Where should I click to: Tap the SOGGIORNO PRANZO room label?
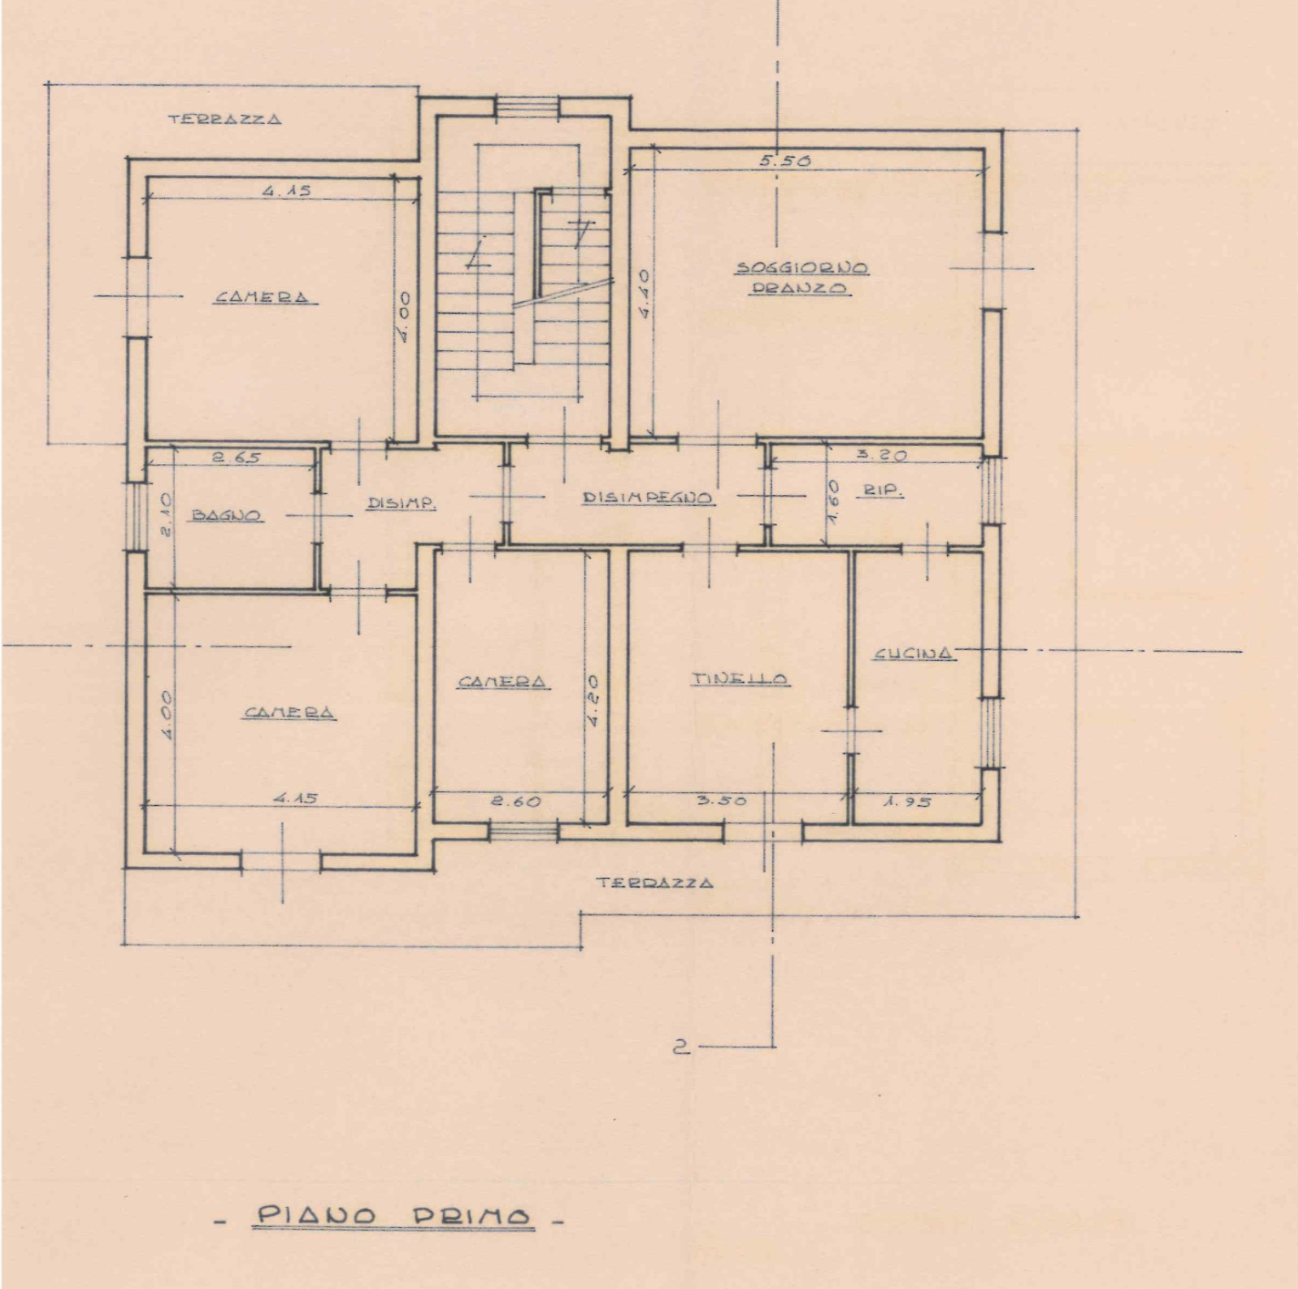[x=801, y=278]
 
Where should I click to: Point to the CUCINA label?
[x=914, y=653]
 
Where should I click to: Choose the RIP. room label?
[x=880, y=492]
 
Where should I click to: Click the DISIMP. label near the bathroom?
[x=401, y=502]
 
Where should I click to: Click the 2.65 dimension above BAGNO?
[x=236, y=458]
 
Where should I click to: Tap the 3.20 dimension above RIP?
[x=881, y=455]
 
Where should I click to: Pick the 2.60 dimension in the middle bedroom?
[x=515, y=802]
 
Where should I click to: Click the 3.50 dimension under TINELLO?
[x=721, y=800]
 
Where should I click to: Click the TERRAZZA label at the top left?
[x=225, y=119]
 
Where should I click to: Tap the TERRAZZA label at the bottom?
[x=654, y=882]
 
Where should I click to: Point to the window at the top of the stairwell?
[x=528, y=107]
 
